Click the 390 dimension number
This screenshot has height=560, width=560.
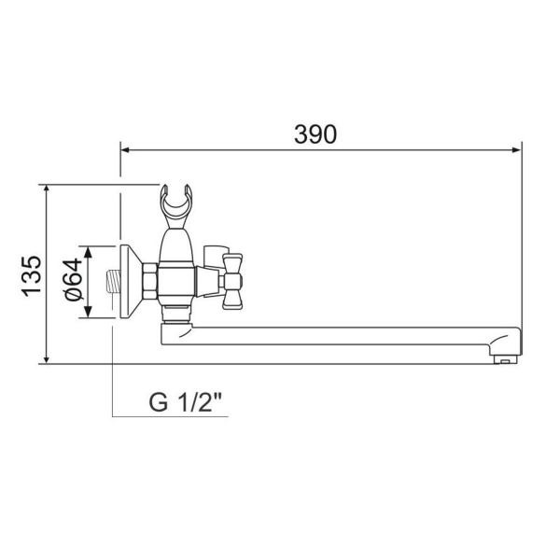click(x=315, y=133)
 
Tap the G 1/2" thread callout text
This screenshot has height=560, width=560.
click(x=187, y=403)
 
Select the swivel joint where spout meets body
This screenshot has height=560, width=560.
click(x=175, y=325)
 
